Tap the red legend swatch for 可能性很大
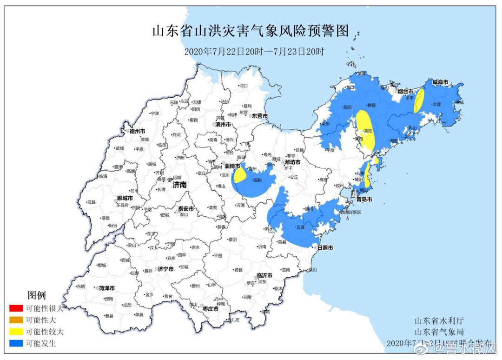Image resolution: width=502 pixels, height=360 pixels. click(x=15, y=308)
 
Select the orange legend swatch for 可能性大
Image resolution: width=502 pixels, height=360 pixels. click(x=15, y=320)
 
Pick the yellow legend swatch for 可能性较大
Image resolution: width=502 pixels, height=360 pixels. click(x=15, y=332)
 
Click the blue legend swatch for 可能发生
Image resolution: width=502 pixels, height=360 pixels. click(x=15, y=344)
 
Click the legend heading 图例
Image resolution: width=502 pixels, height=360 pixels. click(x=37, y=295)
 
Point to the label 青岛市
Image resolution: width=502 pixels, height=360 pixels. click(x=364, y=199)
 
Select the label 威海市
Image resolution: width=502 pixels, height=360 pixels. click(x=440, y=82)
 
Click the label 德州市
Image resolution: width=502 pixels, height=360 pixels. click(x=138, y=131)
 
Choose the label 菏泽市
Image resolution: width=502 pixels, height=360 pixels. click(x=106, y=288)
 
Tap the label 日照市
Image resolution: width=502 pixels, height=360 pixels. click(x=325, y=248)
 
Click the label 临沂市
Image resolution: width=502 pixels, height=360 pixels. click(x=264, y=276)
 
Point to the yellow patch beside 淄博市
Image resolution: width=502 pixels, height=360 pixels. click(x=240, y=176)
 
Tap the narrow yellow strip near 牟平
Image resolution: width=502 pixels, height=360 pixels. click(x=418, y=100)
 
